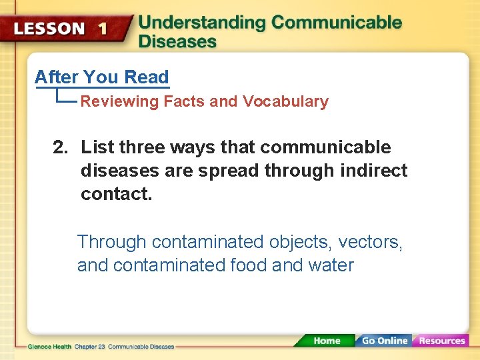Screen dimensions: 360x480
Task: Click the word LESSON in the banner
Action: tap(49, 29)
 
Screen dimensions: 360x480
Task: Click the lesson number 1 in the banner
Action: tap(103, 29)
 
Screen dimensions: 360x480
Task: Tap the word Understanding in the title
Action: tap(201, 23)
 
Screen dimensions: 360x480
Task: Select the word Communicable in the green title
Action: tap(337, 23)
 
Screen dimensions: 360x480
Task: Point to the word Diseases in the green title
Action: tap(177, 41)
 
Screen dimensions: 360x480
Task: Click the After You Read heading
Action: tap(101, 77)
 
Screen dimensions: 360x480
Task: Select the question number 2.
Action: tap(60, 147)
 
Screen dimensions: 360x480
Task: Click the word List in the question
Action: tap(98, 147)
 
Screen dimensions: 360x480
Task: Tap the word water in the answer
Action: tap(331, 265)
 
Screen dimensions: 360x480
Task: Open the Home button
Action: tap(326, 341)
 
